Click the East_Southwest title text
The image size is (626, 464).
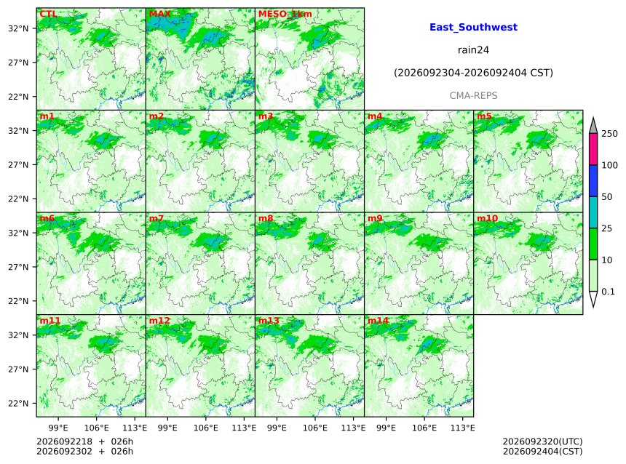click(x=473, y=27)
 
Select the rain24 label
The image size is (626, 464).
click(x=473, y=50)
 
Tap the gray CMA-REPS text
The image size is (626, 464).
click(x=473, y=96)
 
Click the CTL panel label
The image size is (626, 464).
click(x=48, y=14)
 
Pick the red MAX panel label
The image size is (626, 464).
click(x=159, y=14)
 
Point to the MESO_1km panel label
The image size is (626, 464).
click(x=285, y=14)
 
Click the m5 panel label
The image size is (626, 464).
click(x=484, y=116)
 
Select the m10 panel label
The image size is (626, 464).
click(x=487, y=218)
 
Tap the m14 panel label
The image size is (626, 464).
click(x=378, y=321)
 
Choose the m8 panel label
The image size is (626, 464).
click(x=266, y=218)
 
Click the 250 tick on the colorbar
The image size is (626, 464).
click(x=610, y=134)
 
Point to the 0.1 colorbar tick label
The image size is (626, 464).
click(x=608, y=292)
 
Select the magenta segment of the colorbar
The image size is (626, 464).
click(x=593, y=149)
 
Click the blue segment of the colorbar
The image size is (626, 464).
click(x=593, y=180)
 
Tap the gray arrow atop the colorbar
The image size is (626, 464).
click(x=593, y=125)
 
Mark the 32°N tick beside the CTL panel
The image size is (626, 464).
click(x=18, y=28)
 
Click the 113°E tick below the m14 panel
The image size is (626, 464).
click(x=462, y=428)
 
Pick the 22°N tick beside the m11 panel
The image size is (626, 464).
click(x=18, y=404)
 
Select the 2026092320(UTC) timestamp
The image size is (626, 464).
click(x=542, y=441)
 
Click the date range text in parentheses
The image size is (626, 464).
click(x=473, y=73)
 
